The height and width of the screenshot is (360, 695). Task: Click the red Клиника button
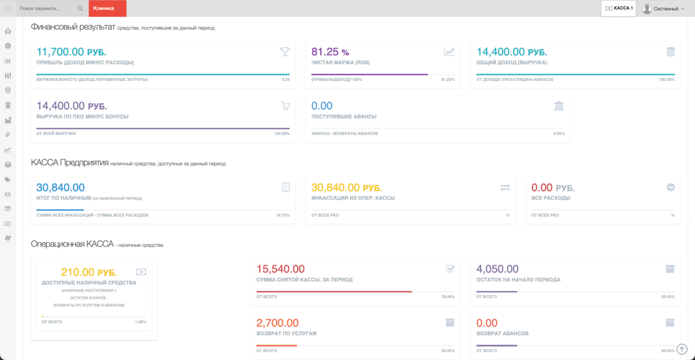coord(108,8)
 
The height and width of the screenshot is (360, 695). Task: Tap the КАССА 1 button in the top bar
coord(618,8)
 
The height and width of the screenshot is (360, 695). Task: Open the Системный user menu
coord(663,9)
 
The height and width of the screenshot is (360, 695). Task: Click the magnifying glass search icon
coord(80,8)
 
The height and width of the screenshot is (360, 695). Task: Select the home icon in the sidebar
coord(8,31)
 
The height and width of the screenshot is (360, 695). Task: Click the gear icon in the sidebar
coord(8,46)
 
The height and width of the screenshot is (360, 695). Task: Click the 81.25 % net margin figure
coord(330,52)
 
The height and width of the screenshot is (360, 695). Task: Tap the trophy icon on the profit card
coord(285,52)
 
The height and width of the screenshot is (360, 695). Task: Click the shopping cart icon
coord(285,105)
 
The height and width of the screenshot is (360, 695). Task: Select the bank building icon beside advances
coord(559,105)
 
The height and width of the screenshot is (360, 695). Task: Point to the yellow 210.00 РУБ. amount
coord(89,272)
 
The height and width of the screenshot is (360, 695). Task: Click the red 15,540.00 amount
coord(281,269)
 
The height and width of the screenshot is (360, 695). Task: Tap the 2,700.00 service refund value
coord(277,323)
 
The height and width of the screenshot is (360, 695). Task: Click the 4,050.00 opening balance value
coord(497,269)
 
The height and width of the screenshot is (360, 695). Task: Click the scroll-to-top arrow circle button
coord(681,349)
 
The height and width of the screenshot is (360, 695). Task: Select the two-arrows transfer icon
coord(505,187)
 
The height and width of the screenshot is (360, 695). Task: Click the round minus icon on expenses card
coord(671,187)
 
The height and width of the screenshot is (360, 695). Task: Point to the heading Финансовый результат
coord(73,27)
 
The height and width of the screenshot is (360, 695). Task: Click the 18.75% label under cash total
coord(283,215)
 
